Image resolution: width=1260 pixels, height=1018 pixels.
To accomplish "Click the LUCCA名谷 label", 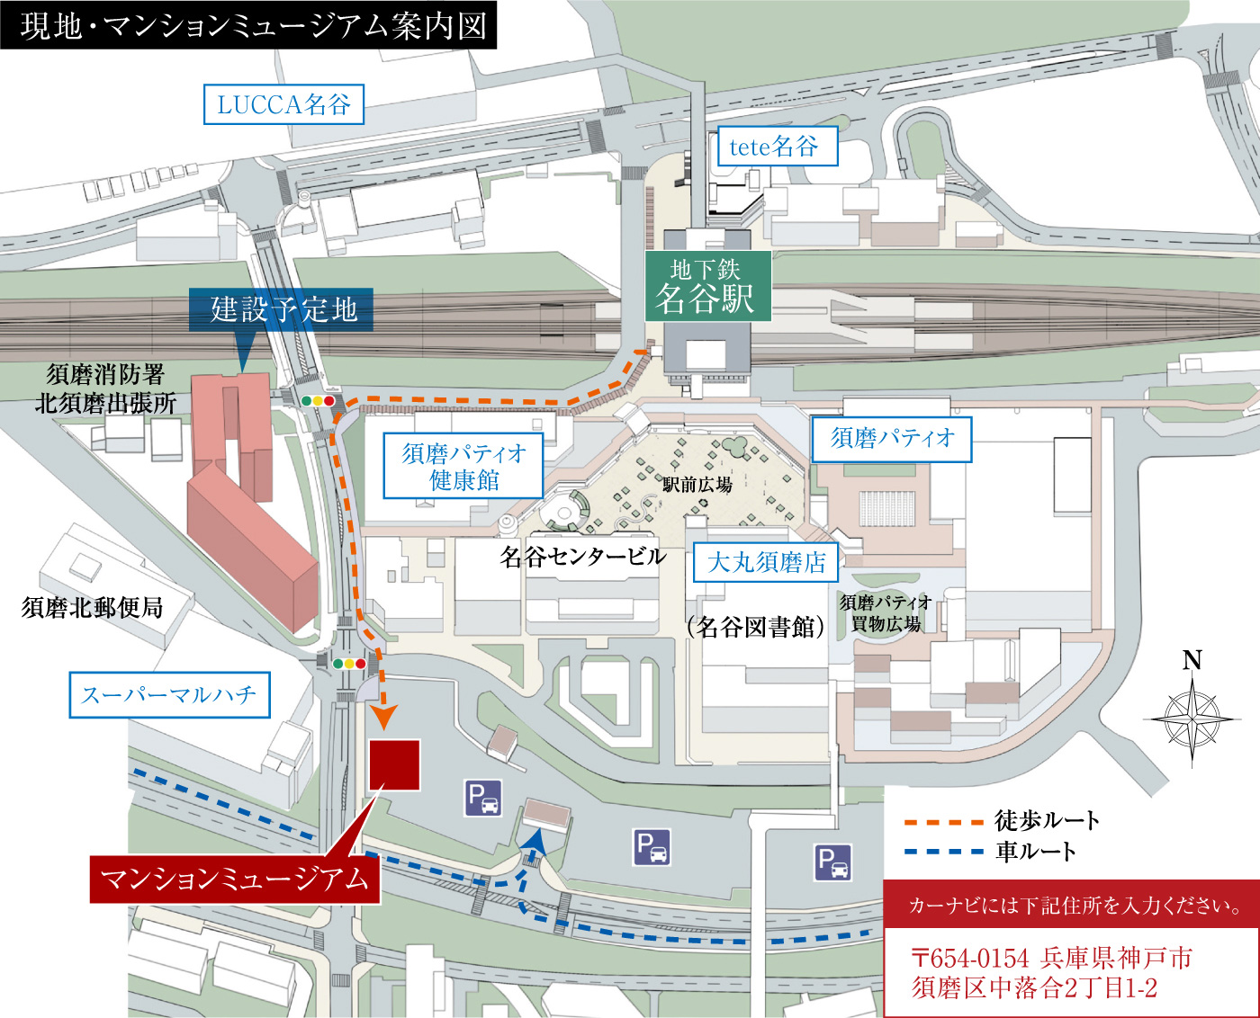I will pyautogui.click(x=283, y=104).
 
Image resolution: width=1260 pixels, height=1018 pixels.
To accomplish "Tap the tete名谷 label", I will pyautogui.click(x=777, y=147).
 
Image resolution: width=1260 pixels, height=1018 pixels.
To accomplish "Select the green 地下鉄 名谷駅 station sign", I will pyautogui.click(x=707, y=286).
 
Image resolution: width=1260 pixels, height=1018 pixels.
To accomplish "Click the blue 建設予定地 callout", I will pyautogui.click(x=282, y=309).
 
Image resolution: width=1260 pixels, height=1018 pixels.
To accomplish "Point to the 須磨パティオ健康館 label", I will pyautogui.click(x=463, y=466).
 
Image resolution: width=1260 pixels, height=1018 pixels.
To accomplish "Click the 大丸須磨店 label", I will pyautogui.click(x=766, y=563).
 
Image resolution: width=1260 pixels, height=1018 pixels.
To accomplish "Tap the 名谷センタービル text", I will pyautogui.click(x=583, y=557).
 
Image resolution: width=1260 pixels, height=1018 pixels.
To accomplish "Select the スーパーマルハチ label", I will pyautogui.click(x=169, y=695).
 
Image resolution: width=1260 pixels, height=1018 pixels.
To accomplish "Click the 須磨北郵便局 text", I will pyautogui.click(x=93, y=608).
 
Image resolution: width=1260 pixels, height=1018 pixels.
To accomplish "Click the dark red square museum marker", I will pyautogui.click(x=394, y=764).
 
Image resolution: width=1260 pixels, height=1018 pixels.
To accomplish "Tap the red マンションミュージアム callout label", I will pyautogui.click(x=234, y=879).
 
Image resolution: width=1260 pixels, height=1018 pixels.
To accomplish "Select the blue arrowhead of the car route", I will pyautogui.click(x=536, y=839).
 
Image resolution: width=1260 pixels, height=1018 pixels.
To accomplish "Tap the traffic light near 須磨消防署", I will pyautogui.click(x=318, y=401).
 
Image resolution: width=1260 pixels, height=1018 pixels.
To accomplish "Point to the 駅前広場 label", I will pyautogui.click(x=697, y=485).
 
